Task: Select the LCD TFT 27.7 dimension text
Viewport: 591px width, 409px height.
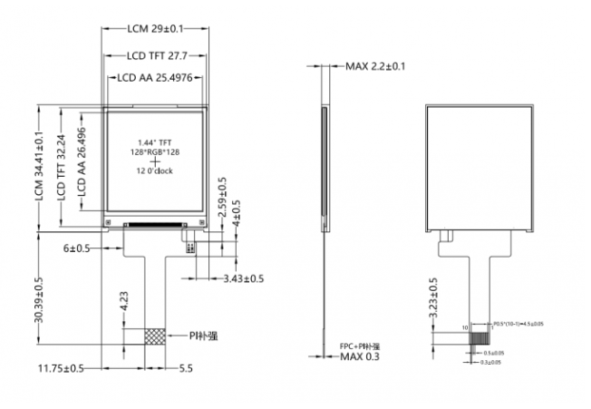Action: pyautogui.click(x=154, y=54)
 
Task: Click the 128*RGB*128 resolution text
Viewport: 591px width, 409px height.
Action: pyautogui.click(x=154, y=151)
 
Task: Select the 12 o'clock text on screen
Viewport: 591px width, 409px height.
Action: pyautogui.click(x=154, y=171)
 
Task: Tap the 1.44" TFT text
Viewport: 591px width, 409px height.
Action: pyautogui.click(x=154, y=142)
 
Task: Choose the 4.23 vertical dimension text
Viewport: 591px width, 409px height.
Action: pyautogui.click(x=123, y=302)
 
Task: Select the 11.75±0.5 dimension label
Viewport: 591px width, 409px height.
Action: pyautogui.click(x=61, y=368)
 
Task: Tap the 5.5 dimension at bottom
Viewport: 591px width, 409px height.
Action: pyautogui.click(x=184, y=368)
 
